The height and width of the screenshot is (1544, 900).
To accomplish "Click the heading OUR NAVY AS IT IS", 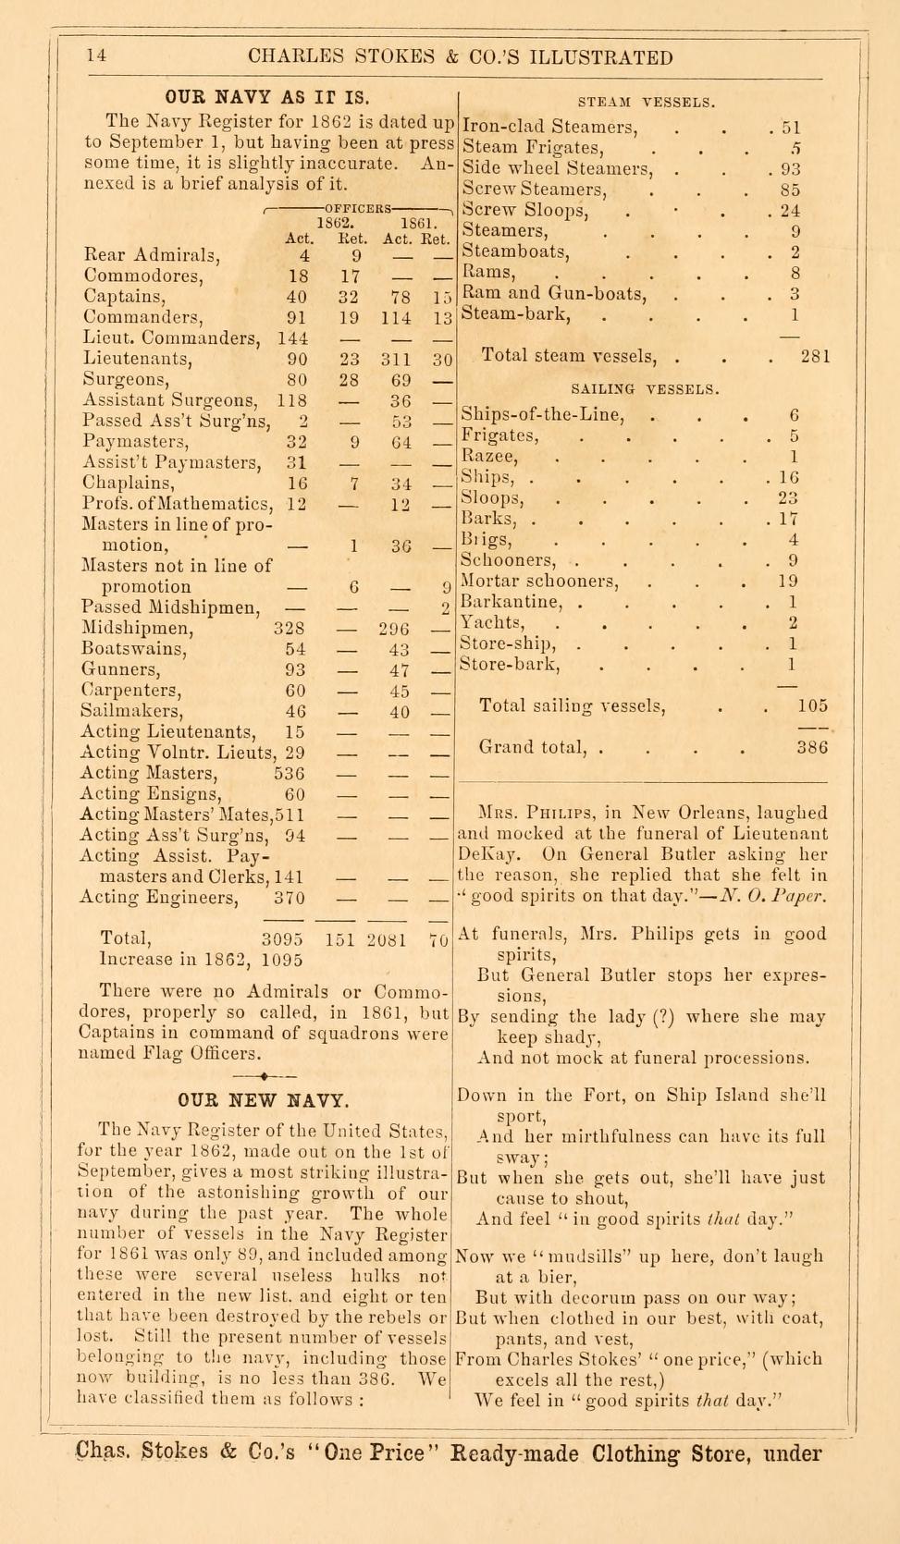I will [266, 97].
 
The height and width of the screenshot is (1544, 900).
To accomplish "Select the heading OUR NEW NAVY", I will [264, 1100].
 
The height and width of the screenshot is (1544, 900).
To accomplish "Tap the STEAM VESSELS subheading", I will [647, 102].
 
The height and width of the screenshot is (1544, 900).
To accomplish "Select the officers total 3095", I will [283, 940].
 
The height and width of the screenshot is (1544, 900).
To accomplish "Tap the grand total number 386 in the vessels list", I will [813, 748].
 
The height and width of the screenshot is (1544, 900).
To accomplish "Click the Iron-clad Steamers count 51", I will [790, 128].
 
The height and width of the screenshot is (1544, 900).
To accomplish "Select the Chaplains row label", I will [128, 483].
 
